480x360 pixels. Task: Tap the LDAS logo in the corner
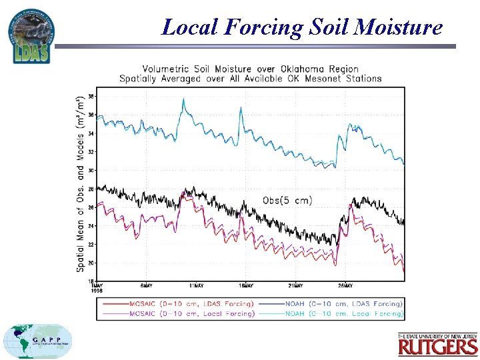pos(31,36)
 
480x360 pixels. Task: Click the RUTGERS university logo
pos(437,344)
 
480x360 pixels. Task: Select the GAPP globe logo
pos(38,341)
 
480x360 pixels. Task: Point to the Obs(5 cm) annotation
pos(287,200)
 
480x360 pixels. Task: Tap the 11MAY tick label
pos(197,286)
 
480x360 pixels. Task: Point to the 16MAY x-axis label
pos(246,286)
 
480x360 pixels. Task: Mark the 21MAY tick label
pos(296,286)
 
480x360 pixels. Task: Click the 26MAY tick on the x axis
pos(345,286)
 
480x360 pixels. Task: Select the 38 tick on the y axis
pos(91,97)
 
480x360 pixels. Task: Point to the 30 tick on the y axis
pos(91,171)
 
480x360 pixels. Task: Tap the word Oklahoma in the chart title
pos(302,69)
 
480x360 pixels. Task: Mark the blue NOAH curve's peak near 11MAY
pos(184,99)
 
